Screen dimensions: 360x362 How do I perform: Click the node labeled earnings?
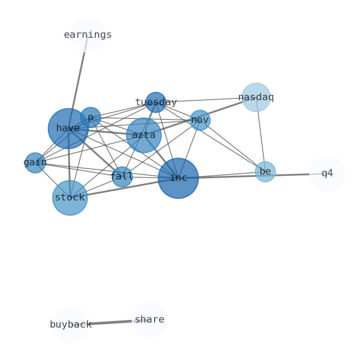click(x=88, y=35)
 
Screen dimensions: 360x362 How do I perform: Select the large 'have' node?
click(x=68, y=129)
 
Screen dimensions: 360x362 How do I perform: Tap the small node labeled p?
click(x=90, y=117)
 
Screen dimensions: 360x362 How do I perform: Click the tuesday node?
click(x=156, y=102)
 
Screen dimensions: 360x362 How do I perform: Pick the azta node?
click(x=144, y=135)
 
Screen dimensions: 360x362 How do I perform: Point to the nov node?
click(x=200, y=120)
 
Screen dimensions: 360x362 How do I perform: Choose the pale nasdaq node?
click(x=256, y=97)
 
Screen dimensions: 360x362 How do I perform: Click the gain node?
click(x=35, y=163)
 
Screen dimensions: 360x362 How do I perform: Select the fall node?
click(x=122, y=177)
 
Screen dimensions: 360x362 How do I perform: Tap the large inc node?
click(x=178, y=178)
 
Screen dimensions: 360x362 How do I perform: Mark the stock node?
click(x=70, y=198)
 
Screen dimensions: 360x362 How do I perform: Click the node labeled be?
click(x=265, y=172)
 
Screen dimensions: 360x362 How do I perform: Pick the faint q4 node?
click(x=327, y=174)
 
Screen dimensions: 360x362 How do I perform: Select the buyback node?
click(x=71, y=325)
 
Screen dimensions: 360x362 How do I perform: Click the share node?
click(x=150, y=320)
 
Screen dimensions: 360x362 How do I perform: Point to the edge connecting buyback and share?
click(x=110, y=323)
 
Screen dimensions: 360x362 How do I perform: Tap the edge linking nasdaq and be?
click(x=260, y=134)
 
